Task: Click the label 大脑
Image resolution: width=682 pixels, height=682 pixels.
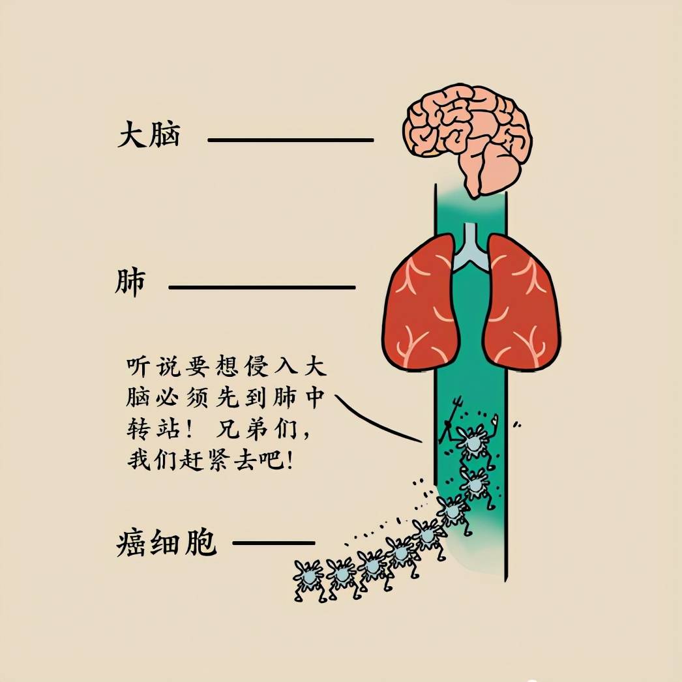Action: coord(149,135)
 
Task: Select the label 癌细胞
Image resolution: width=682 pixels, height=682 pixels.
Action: coord(166,542)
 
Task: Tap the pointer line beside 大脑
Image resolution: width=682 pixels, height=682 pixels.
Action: coord(291,140)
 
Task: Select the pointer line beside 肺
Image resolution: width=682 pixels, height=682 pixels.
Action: coord(262,287)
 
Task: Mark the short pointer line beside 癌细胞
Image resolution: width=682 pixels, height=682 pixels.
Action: coord(274,543)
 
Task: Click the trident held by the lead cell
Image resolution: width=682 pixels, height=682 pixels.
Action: coord(451,417)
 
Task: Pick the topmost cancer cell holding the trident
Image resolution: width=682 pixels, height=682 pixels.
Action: coord(473,441)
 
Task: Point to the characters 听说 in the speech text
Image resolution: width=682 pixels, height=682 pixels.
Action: coord(153,366)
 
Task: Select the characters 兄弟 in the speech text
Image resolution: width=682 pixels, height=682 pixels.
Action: coord(241,430)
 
